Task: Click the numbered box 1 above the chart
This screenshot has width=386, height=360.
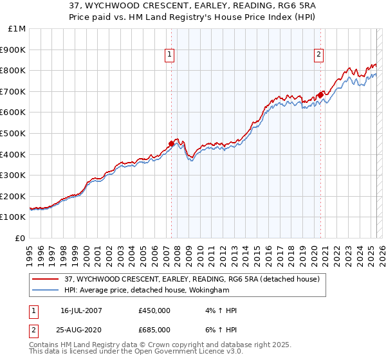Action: click(x=169, y=55)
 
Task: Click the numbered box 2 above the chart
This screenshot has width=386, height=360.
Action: click(x=318, y=55)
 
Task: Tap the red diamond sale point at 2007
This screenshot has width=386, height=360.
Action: click(x=171, y=143)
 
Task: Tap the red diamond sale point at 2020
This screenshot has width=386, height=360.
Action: click(x=320, y=94)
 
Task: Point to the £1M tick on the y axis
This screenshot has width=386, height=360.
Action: click(x=17, y=29)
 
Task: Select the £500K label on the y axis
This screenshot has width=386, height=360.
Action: click(x=14, y=133)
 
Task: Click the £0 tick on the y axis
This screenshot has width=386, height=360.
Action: click(x=20, y=238)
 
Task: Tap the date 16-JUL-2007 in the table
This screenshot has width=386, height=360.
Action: click(x=82, y=310)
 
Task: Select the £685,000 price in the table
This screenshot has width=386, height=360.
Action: click(x=154, y=329)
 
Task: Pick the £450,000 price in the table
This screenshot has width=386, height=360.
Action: click(x=154, y=310)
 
